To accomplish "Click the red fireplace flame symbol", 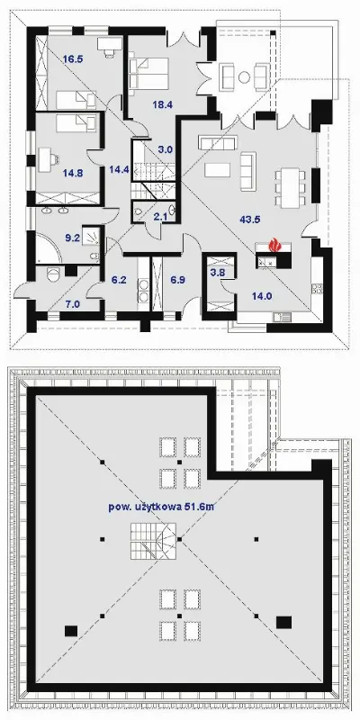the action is [274, 244].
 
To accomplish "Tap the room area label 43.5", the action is [250, 220].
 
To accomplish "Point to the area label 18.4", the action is [163, 104].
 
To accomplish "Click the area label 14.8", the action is [73, 174].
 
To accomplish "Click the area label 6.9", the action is [177, 280].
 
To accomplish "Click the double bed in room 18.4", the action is [148, 74].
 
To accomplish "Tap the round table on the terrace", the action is [244, 77].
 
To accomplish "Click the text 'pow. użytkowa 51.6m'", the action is [162, 507].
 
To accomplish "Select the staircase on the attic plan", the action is [152, 542].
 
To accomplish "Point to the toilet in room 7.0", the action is [53, 274].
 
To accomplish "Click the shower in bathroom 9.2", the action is [93, 236].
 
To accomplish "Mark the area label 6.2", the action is [119, 280].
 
